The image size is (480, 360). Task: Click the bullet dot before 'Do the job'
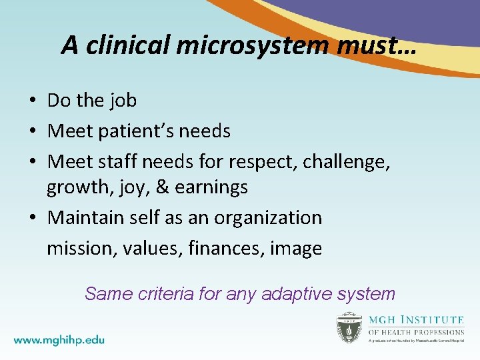32,101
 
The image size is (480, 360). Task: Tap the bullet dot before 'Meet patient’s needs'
32,132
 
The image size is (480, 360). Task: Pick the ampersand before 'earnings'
162,187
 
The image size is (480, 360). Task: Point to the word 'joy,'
136,188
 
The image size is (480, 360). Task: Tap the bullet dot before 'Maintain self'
32,219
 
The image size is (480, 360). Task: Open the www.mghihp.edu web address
59,339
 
